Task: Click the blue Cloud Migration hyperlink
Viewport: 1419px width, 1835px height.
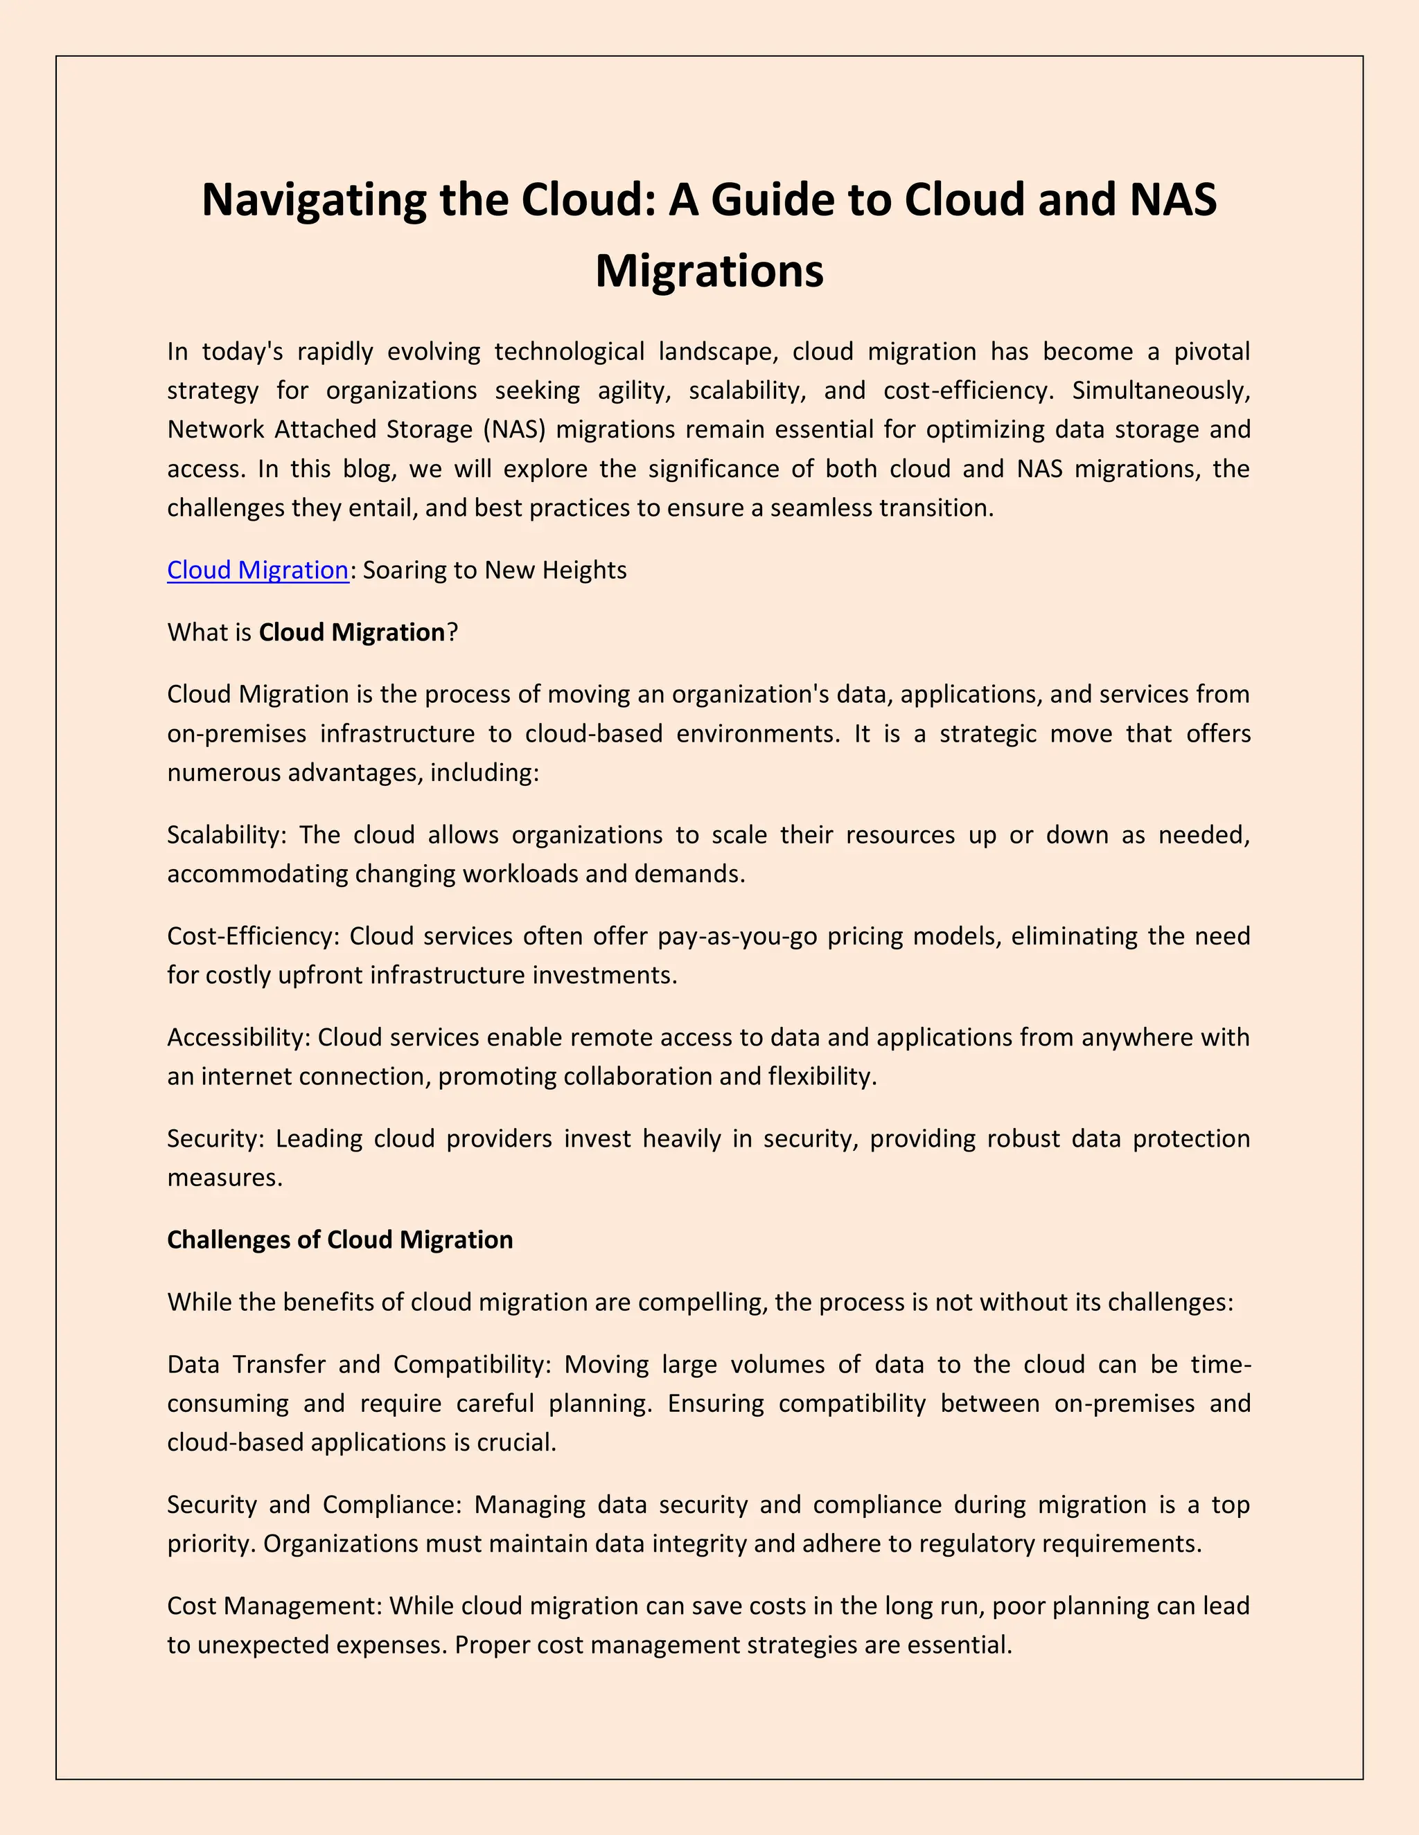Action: click(257, 570)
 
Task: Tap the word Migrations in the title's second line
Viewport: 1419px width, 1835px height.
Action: click(709, 271)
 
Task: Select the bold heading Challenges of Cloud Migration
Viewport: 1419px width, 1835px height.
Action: click(340, 1239)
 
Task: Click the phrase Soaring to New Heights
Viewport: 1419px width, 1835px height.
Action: click(494, 570)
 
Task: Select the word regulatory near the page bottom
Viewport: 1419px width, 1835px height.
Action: click(980, 1543)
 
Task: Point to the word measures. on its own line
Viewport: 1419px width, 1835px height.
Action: click(224, 1177)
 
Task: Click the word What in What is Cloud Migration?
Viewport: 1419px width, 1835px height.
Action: click(197, 632)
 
